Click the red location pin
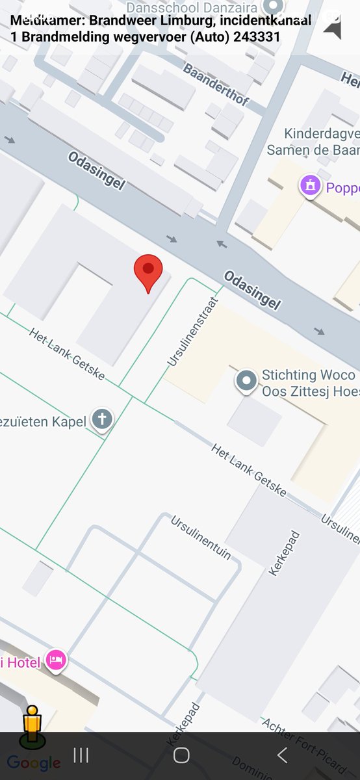pos(148,272)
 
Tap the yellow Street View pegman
pos(32,725)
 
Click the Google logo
pos(34,763)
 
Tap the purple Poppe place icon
pos(311,186)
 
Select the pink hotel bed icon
pos(57,660)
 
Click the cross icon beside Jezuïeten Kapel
pos(102,419)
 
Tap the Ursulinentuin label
pos(201,537)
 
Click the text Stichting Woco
pos(308,376)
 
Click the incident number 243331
pos(255,36)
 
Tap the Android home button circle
pos(181,755)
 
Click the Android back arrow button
pos(282,755)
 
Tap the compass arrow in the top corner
pos(333,28)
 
